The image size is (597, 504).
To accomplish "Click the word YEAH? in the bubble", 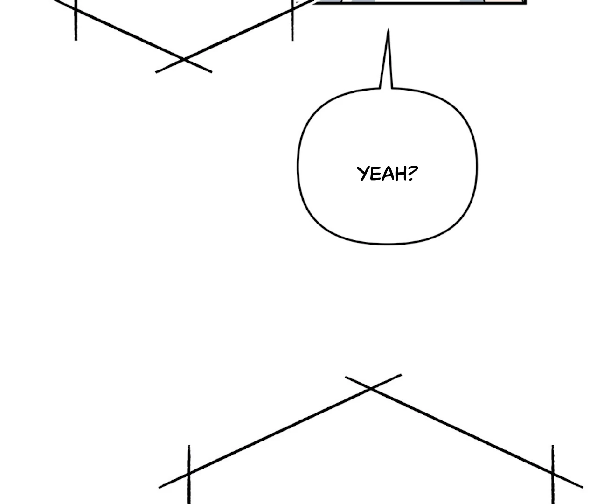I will coord(387,174).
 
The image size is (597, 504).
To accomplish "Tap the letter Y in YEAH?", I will coord(362,174).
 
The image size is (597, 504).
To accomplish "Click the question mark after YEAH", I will coord(412,173).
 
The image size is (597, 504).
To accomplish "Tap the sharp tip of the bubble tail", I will coord(388,30).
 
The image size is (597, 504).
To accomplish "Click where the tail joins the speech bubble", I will coord(386,88).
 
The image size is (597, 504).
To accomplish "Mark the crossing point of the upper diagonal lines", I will coord(184,60).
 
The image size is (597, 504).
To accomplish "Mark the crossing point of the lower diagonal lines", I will coord(371,388).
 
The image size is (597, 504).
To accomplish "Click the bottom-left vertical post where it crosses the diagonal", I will coord(189,474).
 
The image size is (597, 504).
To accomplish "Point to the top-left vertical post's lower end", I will coord(76,40).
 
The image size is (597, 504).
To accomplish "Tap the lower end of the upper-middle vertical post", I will coord(292,40).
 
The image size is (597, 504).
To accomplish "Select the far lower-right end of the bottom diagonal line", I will coord(582,487).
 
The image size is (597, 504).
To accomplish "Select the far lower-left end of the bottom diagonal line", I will coord(160,487).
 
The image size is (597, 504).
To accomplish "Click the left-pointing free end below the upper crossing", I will coord(156,72).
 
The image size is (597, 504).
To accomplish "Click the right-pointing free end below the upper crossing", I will coord(211,72).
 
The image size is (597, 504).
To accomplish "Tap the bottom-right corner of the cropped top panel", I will coord(526,3).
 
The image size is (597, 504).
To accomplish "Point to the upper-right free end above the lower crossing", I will coord(401,375).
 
